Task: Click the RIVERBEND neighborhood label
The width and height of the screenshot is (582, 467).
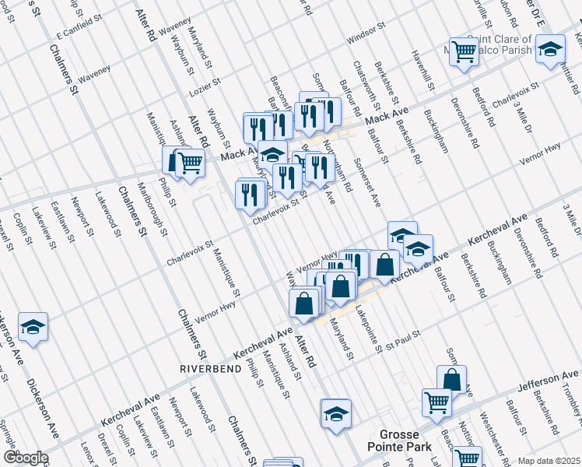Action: [207, 367]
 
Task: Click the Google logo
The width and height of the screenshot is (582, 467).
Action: [25, 458]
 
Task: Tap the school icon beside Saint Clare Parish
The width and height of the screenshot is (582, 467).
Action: [550, 51]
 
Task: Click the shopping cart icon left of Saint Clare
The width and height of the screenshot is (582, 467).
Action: [464, 52]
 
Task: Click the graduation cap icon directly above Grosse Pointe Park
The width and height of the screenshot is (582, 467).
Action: [336, 413]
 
